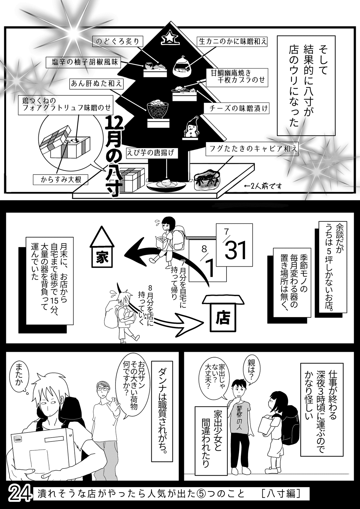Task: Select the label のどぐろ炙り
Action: (x=117, y=42)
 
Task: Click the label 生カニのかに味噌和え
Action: (x=232, y=41)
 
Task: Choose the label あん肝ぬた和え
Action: (x=97, y=84)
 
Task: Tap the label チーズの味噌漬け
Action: (x=236, y=108)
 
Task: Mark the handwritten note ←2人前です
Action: (x=263, y=187)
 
